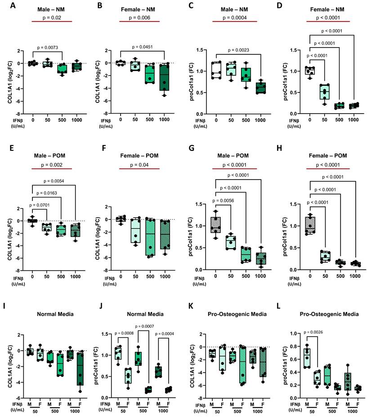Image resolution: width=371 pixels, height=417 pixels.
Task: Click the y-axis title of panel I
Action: [9, 366]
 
